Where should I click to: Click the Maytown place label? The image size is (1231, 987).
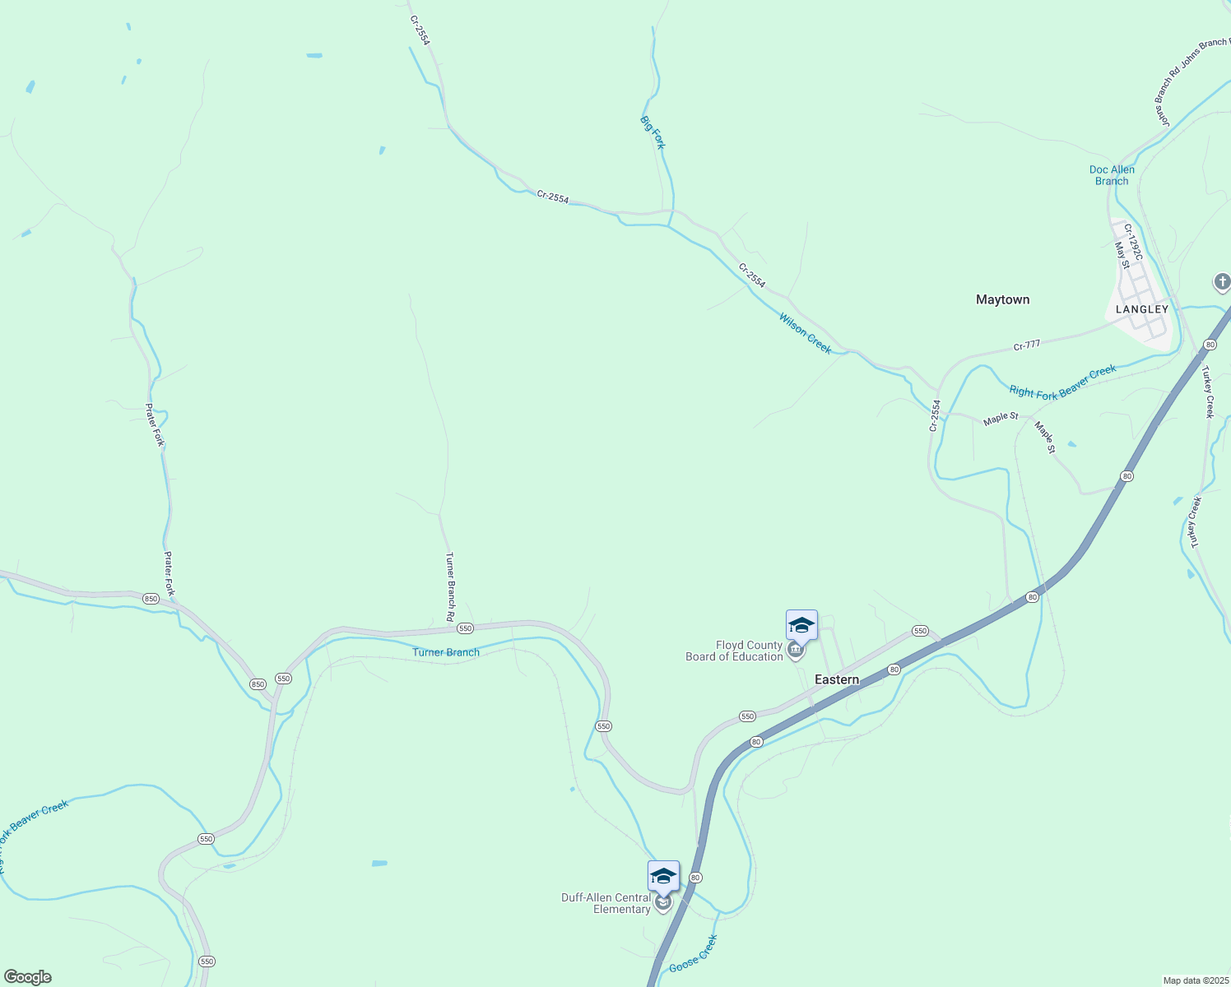click(1002, 299)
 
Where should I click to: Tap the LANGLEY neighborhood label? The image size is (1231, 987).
click(1142, 309)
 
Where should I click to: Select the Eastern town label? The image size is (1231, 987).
click(837, 679)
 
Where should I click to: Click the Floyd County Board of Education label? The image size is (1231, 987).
click(734, 651)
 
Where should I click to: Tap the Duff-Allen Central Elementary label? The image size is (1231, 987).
click(606, 903)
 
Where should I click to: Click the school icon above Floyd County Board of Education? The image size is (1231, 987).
click(801, 626)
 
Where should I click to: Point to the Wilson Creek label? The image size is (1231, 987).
click(806, 333)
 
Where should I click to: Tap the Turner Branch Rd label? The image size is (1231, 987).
click(450, 586)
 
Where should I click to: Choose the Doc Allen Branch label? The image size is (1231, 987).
click(1112, 175)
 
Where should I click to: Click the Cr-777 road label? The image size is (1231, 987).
click(1028, 346)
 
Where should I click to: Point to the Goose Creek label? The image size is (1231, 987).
click(693, 954)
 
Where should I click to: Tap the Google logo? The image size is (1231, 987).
click(28, 977)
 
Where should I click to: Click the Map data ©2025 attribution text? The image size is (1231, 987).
click(1195, 980)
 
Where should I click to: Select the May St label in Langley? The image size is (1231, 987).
click(1122, 255)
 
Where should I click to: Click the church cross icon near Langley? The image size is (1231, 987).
click(1222, 283)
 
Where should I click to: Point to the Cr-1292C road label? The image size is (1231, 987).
click(1133, 243)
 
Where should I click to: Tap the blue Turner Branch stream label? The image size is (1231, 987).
click(445, 652)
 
